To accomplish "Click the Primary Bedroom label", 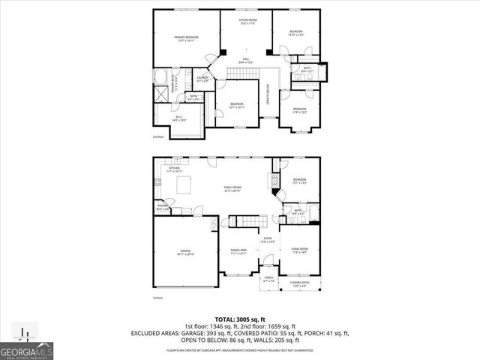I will [x=186, y=39].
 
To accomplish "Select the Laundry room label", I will [x=202, y=79].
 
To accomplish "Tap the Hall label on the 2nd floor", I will [x=244, y=60].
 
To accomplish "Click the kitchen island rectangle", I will [x=184, y=185].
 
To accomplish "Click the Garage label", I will [x=184, y=253].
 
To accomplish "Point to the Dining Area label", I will [x=237, y=253].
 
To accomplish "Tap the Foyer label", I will [x=267, y=241].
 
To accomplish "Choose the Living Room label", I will [x=300, y=250].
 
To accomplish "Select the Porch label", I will [x=268, y=278].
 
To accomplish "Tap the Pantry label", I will [x=162, y=208].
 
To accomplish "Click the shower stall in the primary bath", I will [x=162, y=94].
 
